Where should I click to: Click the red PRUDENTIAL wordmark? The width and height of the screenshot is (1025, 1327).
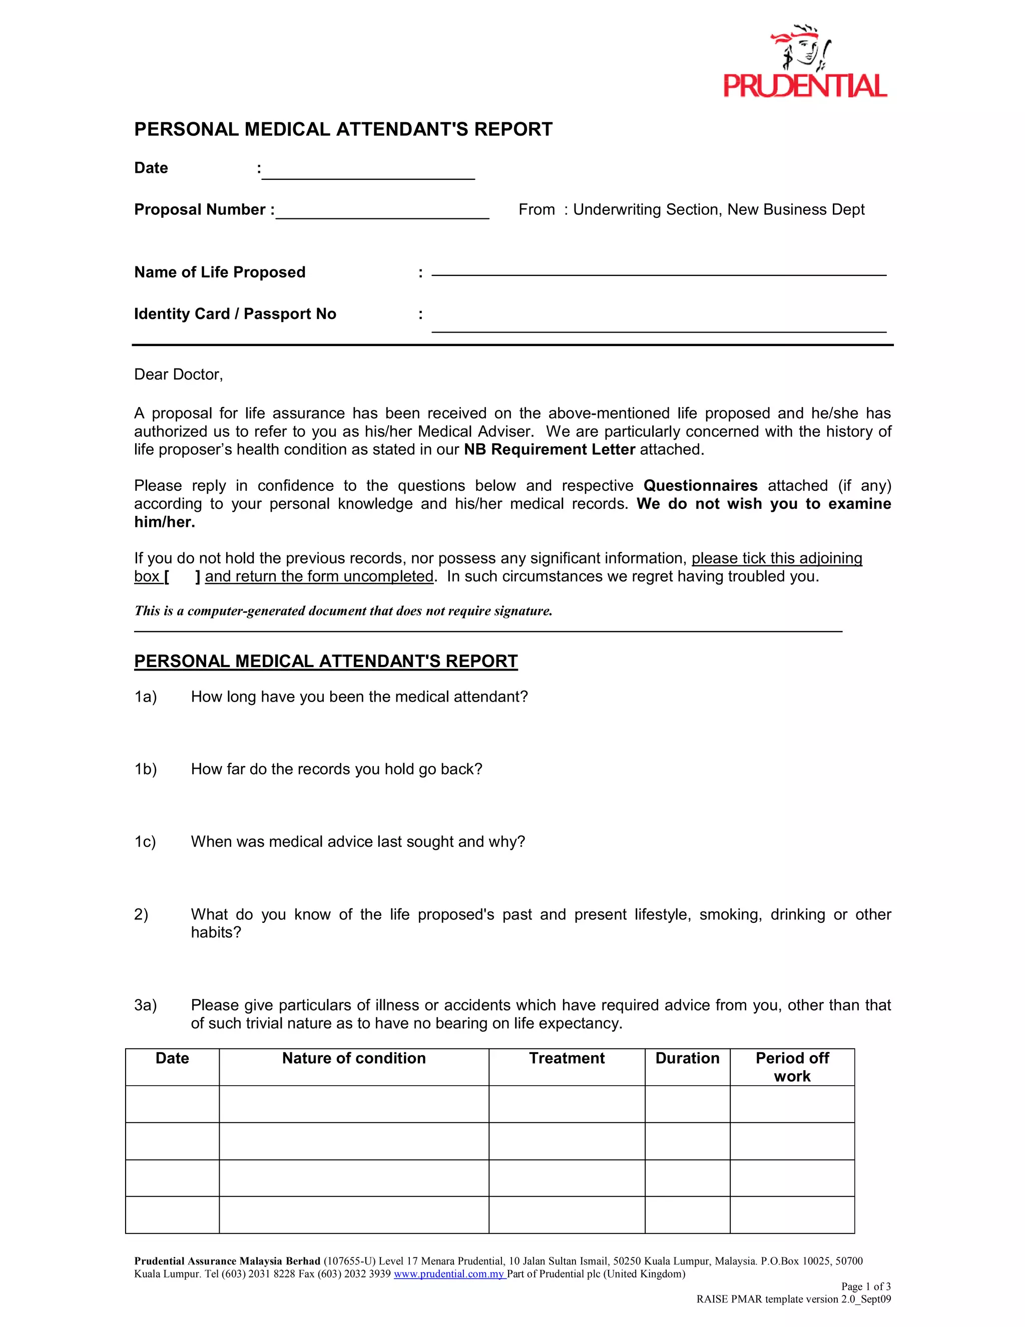tap(805, 86)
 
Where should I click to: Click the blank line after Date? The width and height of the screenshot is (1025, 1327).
tap(368, 173)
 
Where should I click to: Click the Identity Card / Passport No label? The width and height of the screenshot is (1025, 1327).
tap(235, 314)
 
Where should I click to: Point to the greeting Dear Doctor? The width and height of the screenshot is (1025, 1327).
tap(179, 374)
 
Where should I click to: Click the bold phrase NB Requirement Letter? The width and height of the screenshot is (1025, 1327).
tap(549, 450)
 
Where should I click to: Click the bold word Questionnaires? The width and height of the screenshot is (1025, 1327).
tap(700, 485)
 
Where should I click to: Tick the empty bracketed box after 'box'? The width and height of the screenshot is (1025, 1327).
tap(182, 576)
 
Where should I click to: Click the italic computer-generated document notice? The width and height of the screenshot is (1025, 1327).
tap(343, 610)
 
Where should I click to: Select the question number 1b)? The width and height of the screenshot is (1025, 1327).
tap(146, 769)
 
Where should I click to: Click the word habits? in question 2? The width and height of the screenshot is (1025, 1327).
tap(216, 933)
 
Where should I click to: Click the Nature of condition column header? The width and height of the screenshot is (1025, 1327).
tap(353, 1059)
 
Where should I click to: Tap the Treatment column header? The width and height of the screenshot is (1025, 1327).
tap(567, 1059)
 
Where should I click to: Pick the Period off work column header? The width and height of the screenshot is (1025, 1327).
tap(792, 1067)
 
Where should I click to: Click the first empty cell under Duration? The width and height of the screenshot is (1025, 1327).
tap(687, 1104)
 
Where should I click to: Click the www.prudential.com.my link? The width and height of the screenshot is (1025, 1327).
tap(449, 1274)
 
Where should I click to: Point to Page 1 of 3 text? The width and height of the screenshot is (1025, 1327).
tap(865, 1286)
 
